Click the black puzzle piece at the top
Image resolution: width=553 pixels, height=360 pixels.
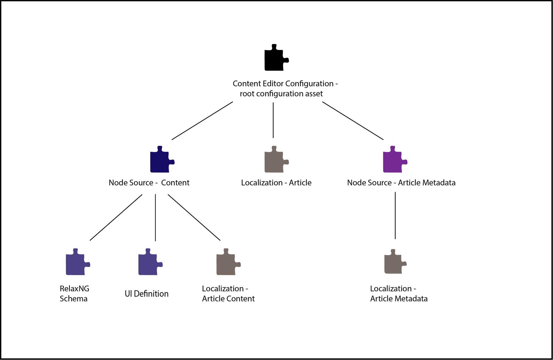(274, 59)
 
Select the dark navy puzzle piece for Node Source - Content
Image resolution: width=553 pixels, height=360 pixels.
(160, 161)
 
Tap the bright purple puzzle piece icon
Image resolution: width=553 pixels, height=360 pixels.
(393, 161)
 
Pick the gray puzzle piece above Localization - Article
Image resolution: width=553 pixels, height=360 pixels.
(274, 161)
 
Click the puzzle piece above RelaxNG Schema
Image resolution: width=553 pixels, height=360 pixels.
(76, 263)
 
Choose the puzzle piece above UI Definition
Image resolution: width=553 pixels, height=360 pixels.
(148, 263)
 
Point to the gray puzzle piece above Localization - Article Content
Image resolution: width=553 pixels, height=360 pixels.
(226, 263)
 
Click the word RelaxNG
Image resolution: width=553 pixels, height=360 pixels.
(74, 289)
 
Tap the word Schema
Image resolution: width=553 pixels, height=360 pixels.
(73, 299)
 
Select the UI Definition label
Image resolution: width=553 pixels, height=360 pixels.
(146, 294)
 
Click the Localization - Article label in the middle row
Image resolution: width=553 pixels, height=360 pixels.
(276, 183)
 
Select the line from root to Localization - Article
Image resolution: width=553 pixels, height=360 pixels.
(273, 120)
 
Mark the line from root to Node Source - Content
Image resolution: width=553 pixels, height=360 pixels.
(202, 121)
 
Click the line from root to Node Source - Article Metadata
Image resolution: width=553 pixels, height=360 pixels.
(353, 121)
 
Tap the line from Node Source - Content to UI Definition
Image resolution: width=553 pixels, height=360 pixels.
(155, 217)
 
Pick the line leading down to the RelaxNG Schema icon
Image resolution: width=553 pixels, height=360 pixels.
(116, 217)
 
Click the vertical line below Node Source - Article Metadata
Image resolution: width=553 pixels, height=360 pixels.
(395, 216)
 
